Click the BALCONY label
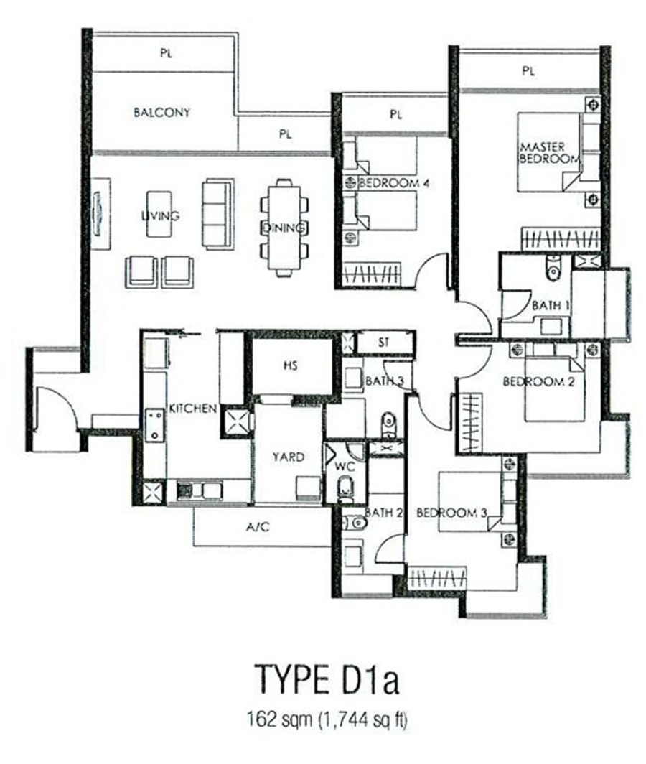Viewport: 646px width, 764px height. click(161, 113)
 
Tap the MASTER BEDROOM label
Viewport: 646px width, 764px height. click(549, 152)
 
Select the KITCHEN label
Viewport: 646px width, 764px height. click(193, 409)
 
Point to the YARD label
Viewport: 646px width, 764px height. click(289, 457)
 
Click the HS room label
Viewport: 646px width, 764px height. click(291, 365)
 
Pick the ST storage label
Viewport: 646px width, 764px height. click(384, 343)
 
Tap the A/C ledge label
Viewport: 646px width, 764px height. click(258, 526)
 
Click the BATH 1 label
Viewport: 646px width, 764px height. click(551, 306)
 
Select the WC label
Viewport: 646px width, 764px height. click(345, 467)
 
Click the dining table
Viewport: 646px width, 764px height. click(284, 228)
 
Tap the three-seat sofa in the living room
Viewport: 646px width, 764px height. click(217, 215)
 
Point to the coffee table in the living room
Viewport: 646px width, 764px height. click(159, 215)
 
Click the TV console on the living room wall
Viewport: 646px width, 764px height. click(100, 213)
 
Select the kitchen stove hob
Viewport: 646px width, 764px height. click(156, 425)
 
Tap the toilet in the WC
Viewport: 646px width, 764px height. click(345, 489)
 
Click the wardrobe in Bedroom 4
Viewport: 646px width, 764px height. click(372, 274)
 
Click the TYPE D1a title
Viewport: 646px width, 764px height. click(327, 679)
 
